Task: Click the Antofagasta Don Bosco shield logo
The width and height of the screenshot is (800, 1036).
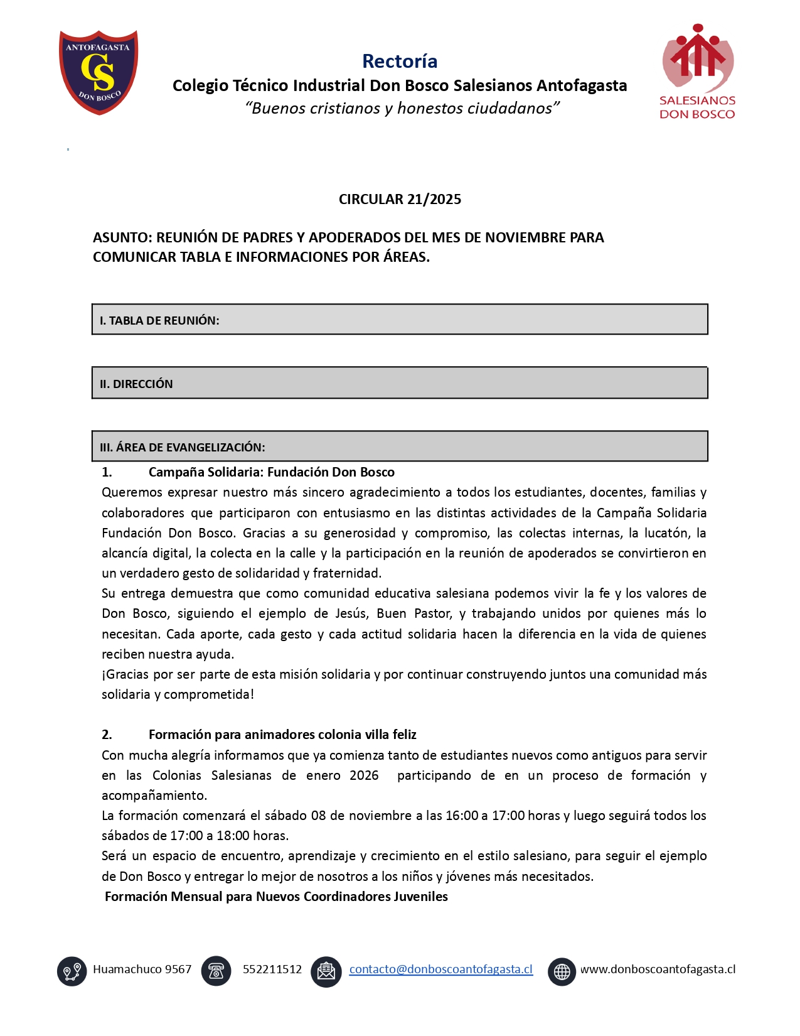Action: point(99,72)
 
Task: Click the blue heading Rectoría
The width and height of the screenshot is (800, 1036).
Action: point(400,61)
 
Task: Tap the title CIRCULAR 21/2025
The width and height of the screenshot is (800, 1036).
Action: point(400,199)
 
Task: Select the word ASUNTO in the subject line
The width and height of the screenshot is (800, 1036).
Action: point(122,237)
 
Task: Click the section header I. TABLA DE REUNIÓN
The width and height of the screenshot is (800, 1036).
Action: point(159,320)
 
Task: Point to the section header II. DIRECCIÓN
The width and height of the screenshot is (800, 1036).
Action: point(136,384)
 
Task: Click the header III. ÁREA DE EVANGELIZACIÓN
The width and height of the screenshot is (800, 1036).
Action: point(183,447)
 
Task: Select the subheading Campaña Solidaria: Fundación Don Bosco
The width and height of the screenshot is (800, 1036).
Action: point(271,472)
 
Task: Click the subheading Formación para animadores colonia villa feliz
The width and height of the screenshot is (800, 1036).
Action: point(282,735)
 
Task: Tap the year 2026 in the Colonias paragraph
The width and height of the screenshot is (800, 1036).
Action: point(364,775)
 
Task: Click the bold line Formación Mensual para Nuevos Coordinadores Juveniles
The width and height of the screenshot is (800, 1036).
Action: point(276,897)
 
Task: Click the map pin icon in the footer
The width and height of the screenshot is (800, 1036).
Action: point(72,971)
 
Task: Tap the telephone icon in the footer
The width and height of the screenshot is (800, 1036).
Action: point(216,971)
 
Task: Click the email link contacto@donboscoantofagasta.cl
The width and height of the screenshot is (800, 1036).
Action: point(440,969)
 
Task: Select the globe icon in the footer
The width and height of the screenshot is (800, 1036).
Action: point(562,971)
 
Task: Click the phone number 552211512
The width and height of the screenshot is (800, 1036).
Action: point(272,969)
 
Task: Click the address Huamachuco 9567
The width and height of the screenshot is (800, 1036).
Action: point(142,969)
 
